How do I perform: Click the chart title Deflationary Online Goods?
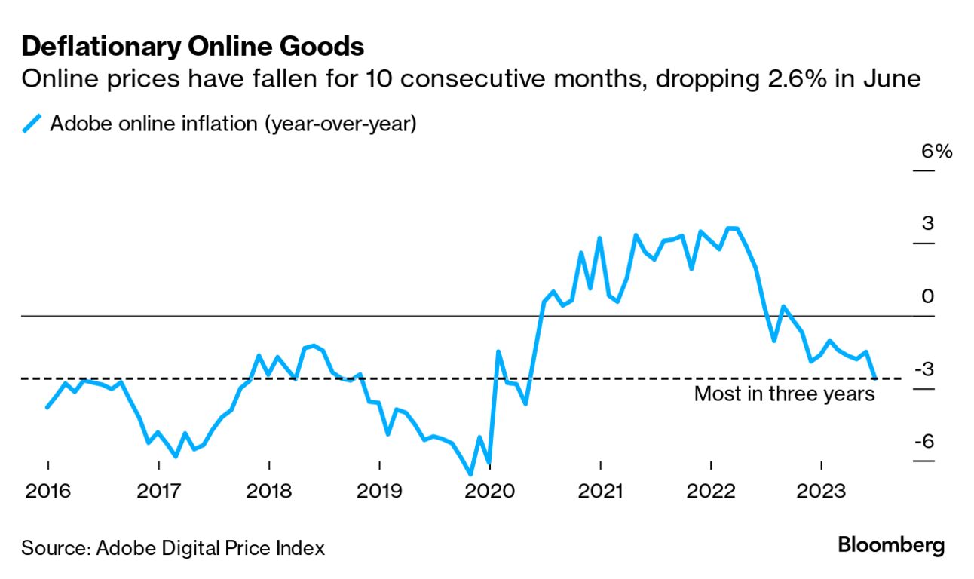pos(193,47)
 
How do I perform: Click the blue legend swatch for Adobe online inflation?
pos(32,123)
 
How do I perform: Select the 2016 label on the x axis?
pos(47,492)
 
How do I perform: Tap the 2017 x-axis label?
pos(158,492)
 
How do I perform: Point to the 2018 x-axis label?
pos(269,492)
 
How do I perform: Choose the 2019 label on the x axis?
pos(379,492)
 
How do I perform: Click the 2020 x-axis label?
pos(490,492)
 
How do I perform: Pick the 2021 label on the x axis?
pos(600,492)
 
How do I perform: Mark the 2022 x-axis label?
pos(711,492)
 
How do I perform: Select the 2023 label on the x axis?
pos(821,492)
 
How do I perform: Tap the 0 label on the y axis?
pos(928,296)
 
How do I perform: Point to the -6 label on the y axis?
pos(923,442)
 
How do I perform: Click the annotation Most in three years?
pos(784,394)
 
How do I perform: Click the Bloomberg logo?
pos(891,545)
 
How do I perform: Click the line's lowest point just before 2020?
pos(470,474)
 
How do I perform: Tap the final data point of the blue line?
pos(874,377)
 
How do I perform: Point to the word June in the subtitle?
pos(895,79)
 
